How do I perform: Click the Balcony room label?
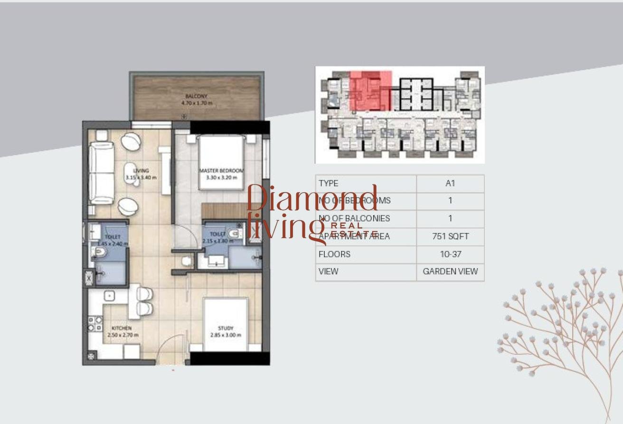tap(196, 96)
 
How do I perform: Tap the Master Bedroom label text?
tap(221, 171)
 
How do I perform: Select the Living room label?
tap(141, 171)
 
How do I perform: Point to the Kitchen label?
tap(122, 328)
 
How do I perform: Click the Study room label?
tap(226, 328)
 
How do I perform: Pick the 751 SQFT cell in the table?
tap(450, 236)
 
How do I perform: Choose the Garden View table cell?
tap(450, 272)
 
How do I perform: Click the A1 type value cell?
tap(450, 184)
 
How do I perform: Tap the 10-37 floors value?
tap(450, 254)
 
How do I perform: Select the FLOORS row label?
tap(334, 254)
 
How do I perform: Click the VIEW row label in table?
tap(329, 272)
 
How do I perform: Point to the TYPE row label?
tap(329, 184)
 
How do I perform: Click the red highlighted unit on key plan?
tap(370, 91)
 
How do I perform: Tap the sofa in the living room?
tap(101, 173)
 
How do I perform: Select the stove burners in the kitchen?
tap(95, 323)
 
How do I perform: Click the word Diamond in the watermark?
tap(312, 198)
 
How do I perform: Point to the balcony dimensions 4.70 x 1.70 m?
tap(196, 102)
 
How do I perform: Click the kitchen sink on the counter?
tap(110, 295)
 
